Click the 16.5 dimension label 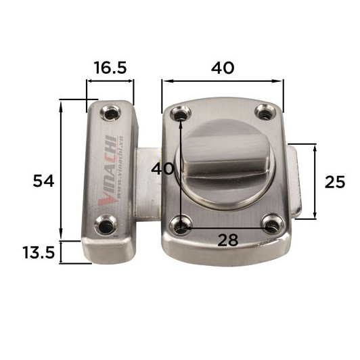(110, 68)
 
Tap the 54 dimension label (43, 181)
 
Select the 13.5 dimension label (39, 252)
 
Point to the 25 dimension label (335, 182)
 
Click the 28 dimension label (228, 240)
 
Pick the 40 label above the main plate (223, 68)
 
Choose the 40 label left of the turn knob (162, 168)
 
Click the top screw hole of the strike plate (110, 112)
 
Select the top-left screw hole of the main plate (181, 114)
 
